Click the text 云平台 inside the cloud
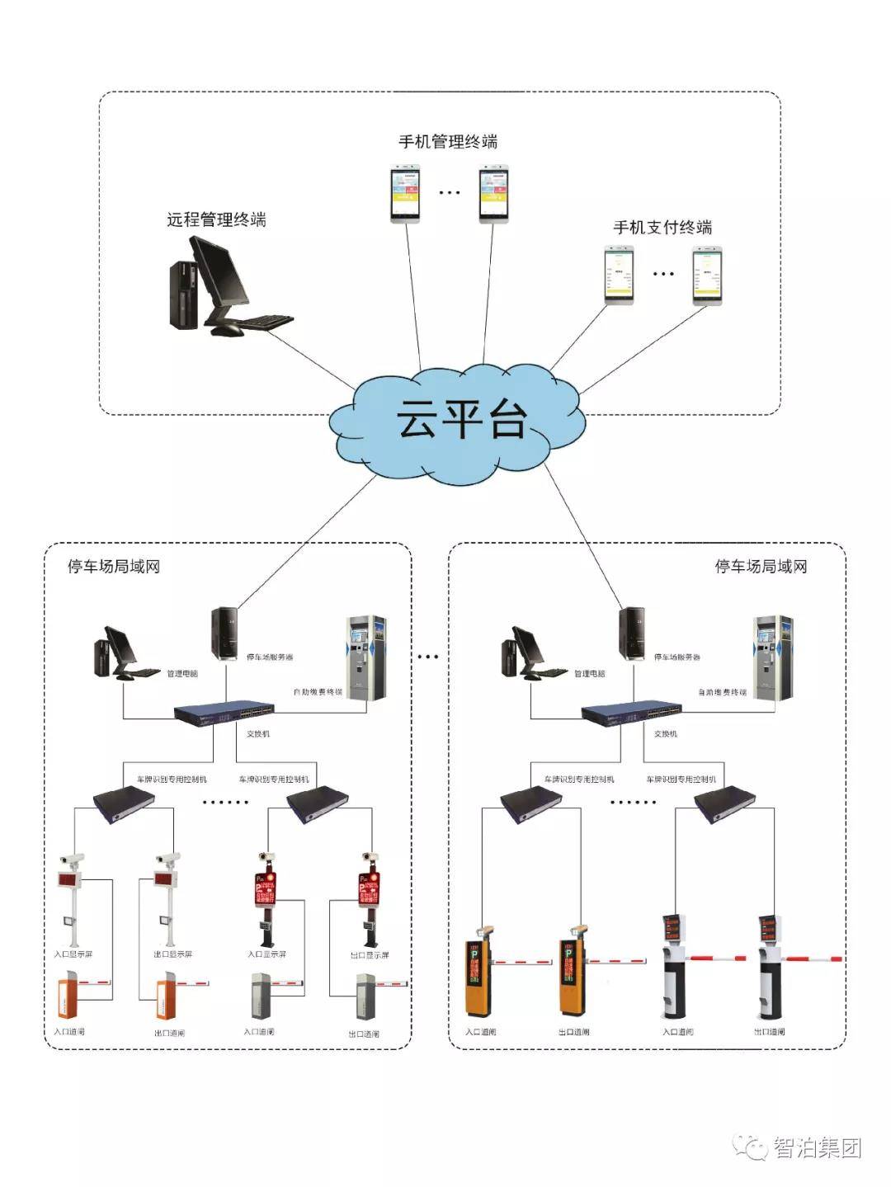[x=461, y=419]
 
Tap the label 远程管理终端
[x=216, y=219]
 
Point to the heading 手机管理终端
[x=448, y=142]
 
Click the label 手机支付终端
[x=662, y=228]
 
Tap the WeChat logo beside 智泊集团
[x=752, y=1147]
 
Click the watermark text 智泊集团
[x=817, y=1147]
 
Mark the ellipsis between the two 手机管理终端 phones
[x=450, y=193]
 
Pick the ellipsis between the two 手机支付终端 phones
[x=663, y=274]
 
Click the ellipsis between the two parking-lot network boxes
[x=428, y=657]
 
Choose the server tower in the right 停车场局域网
[x=632, y=633]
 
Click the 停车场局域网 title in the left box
[x=114, y=567]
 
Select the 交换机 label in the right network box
[x=665, y=733]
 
